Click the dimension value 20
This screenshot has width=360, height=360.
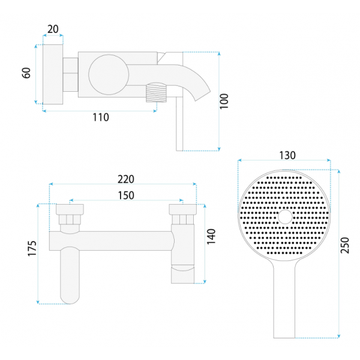pos(53,29)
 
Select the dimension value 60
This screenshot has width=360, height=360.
pos(26,73)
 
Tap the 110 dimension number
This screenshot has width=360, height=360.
pos(101,118)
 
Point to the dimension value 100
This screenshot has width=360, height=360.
pos(224,101)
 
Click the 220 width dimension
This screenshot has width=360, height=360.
pos(126,179)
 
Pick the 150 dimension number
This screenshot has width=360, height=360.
pos(126,196)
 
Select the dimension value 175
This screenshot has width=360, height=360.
pos(32,248)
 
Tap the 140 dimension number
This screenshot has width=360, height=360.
pos(211,237)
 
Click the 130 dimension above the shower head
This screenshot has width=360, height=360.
pos(287,155)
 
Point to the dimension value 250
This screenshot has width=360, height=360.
pos(344,245)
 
